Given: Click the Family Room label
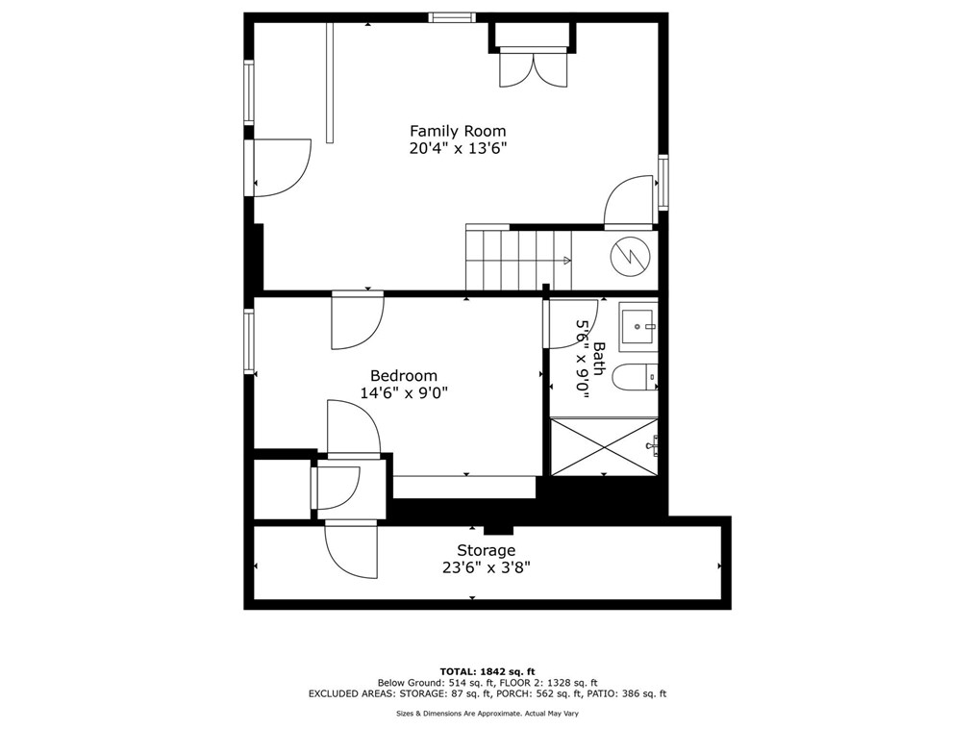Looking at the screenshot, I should [x=458, y=131].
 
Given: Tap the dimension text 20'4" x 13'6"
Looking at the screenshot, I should [x=458, y=148].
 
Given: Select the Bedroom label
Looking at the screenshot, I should [x=404, y=376].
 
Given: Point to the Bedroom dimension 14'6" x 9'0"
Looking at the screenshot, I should [x=404, y=393].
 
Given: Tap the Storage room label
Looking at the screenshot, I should [x=486, y=550].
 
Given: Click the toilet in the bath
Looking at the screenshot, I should [x=635, y=378].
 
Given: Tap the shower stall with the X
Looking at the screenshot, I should [x=603, y=446].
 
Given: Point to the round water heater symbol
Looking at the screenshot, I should [x=631, y=255].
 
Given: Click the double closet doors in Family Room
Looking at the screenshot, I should [x=533, y=68].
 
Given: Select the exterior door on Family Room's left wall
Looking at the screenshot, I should [x=282, y=168].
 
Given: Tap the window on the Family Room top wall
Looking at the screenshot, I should [x=452, y=16].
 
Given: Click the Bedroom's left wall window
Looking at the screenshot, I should [x=249, y=341].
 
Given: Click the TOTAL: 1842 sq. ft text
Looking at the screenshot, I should [x=487, y=671].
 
